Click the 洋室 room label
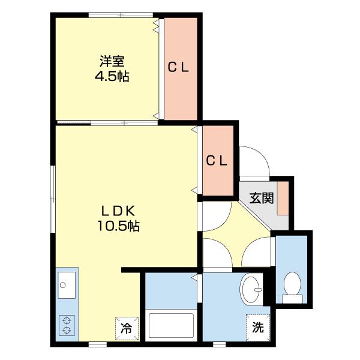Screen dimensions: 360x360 tap(112, 61)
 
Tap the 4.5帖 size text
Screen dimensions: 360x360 tap(112, 76)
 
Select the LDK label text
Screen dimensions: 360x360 tap(118, 211)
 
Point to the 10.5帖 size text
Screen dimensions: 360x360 tap(118, 226)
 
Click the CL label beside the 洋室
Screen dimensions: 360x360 tap(178, 67)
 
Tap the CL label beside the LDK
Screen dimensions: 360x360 tap(217, 160)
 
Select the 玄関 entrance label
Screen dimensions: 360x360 tap(262, 198)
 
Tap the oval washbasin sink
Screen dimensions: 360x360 tap(251, 289)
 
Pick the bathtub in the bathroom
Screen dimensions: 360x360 tap(171, 325)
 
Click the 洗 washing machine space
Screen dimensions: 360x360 tap(257, 328)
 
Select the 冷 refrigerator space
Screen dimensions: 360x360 tap(127, 329)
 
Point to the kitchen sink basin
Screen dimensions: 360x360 tap(67, 285)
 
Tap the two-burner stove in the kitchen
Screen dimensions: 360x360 tap(67, 326)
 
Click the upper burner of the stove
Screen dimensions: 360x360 tap(67, 321)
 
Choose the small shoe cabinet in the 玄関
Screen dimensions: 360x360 tap(283, 198)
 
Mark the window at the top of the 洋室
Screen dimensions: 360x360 tap(121, 15)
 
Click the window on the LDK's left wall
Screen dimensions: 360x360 tap(53, 199)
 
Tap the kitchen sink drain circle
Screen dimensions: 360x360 tap(62, 285)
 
